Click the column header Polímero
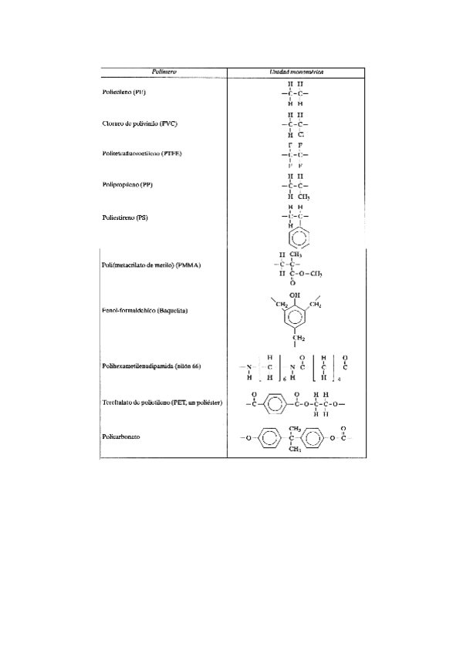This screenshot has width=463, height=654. pyautogui.click(x=164, y=71)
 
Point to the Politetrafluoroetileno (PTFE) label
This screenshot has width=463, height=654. pyautogui.click(x=141, y=154)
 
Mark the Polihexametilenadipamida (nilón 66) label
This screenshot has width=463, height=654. pyautogui.click(x=151, y=366)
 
